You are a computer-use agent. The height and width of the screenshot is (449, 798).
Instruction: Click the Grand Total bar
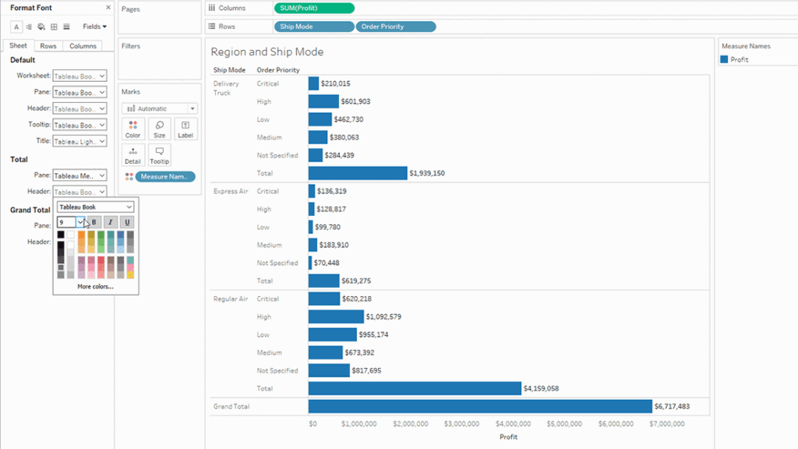[x=479, y=406]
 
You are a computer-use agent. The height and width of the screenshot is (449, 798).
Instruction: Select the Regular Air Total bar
[x=414, y=388]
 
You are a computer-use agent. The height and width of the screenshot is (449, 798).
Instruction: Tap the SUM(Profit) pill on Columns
[x=314, y=8]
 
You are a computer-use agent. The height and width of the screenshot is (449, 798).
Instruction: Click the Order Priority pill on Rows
[x=395, y=27]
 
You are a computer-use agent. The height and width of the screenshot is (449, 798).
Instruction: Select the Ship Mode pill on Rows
[x=314, y=27]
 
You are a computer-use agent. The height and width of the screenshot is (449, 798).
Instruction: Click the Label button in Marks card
[x=185, y=129]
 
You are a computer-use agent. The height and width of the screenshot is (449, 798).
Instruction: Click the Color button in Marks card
[x=132, y=129]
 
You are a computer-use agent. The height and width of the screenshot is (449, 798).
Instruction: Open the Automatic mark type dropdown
[x=160, y=108]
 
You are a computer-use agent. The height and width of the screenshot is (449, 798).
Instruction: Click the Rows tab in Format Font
[x=48, y=46]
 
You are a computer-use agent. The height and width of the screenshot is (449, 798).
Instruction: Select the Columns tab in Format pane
[x=83, y=46]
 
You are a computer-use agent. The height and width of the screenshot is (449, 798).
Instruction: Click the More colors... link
[x=95, y=287]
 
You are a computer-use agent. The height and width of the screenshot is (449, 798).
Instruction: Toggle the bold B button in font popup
[x=94, y=222]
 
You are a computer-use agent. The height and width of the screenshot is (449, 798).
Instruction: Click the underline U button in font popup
[x=127, y=222]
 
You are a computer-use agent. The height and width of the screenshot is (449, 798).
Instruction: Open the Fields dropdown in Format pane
[x=94, y=27]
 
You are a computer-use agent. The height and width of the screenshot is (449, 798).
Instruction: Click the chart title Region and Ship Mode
[x=267, y=52]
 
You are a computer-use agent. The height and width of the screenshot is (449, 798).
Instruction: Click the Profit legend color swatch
[x=725, y=59]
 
